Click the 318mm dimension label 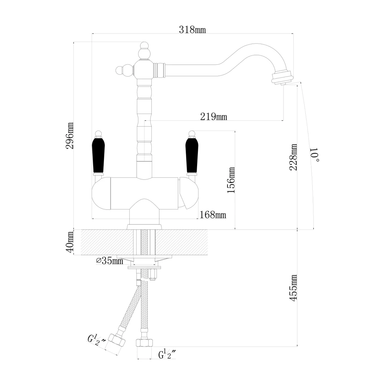point(192,30)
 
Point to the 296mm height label point(70,136)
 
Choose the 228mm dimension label point(294,157)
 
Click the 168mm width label point(212,215)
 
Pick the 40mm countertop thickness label point(70,242)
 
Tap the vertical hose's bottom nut point(143,342)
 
